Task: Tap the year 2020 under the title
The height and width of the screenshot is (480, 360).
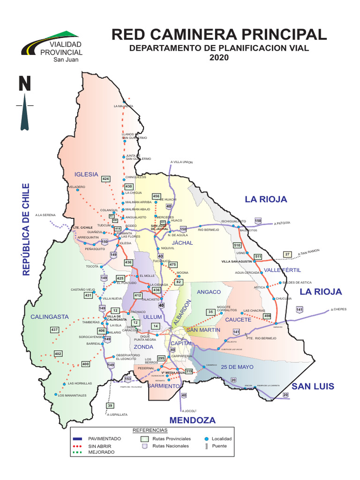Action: coord(219,58)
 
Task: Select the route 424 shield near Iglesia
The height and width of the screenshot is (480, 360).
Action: coord(105,179)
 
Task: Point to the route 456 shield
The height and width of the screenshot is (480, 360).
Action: coord(157,196)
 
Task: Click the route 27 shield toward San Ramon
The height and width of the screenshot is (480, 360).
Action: coord(287,255)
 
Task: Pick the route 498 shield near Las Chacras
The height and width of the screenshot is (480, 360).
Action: coord(267,316)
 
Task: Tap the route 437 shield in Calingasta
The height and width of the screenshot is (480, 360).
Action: coord(54,330)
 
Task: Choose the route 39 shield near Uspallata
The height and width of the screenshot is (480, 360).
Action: coord(110,405)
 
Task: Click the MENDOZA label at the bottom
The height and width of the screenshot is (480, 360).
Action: coord(192,420)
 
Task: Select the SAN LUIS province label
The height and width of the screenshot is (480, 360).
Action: coord(313,386)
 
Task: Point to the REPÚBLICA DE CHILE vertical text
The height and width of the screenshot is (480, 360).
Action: coord(26,229)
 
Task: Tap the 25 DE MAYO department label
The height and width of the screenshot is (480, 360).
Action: coord(238,367)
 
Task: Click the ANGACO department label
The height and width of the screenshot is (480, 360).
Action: coord(209,292)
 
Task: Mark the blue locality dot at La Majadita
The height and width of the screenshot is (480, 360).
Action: coord(124,102)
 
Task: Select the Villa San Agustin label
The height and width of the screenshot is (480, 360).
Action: coord(237,261)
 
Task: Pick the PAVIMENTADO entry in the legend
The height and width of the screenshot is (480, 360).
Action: coord(108,439)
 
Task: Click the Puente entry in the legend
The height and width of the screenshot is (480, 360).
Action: coord(219,446)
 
